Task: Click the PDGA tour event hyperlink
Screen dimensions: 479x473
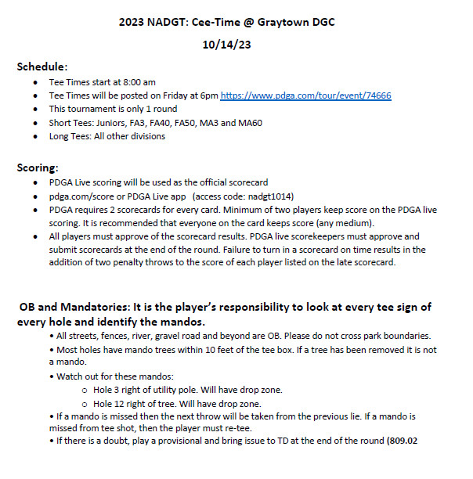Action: tap(305, 95)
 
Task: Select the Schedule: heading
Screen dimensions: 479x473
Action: tap(42, 67)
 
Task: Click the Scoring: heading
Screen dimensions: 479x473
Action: tap(38, 167)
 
